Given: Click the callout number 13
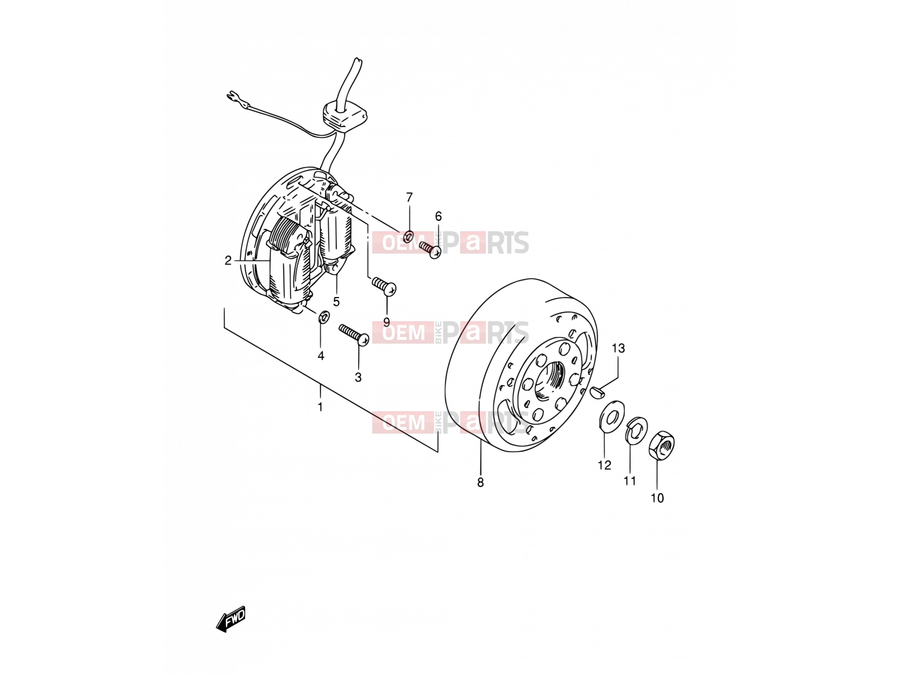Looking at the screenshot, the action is point(618,348).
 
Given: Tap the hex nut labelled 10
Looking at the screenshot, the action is point(661,445).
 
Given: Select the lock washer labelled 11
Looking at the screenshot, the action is point(636,430).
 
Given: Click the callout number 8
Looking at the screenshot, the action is point(480,483).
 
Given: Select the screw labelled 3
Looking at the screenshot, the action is point(354,335).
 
